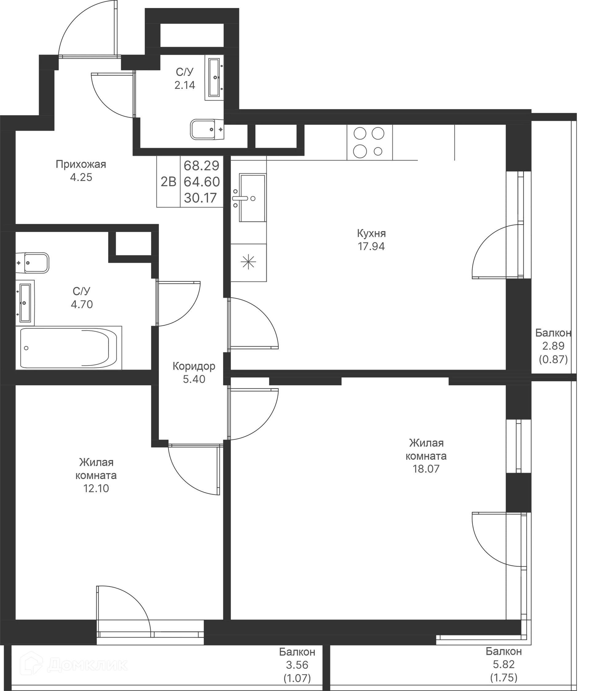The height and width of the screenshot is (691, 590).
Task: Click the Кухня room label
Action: coord(371,233)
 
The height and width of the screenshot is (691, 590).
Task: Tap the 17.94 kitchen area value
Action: coord(371,246)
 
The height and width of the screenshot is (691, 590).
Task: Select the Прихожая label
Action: coord(81,164)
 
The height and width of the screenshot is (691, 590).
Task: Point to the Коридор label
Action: coord(194,366)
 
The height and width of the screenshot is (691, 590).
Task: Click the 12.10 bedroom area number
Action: coord(96,488)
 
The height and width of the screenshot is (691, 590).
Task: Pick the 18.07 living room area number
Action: coord(426,469)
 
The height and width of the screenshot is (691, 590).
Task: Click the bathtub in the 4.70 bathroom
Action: coord(68,348)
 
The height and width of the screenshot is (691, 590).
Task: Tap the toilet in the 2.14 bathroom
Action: coord(207,129)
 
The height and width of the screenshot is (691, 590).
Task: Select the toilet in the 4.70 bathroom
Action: coord(32,263)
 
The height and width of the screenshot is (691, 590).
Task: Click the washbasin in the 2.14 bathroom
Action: coord(214,78)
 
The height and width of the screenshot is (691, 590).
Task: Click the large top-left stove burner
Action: coord(360,133)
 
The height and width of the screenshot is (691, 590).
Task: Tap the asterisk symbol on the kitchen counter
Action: coord(249,262)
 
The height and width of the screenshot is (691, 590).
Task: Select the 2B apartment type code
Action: coord(168,182)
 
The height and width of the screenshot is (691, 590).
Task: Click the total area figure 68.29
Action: coord(202,165)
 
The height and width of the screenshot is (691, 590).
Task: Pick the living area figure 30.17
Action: coord(200,198)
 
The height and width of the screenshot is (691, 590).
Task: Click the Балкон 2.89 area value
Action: coord(553,346)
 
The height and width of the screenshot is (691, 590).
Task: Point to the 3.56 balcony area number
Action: coord(297,665)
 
